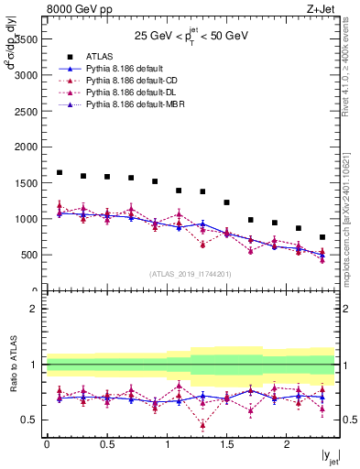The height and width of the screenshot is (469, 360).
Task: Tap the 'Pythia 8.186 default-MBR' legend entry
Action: pos(132,105)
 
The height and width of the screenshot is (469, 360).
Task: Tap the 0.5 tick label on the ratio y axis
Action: pos(29,420)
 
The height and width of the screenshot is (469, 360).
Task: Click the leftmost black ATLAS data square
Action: pos(60,172)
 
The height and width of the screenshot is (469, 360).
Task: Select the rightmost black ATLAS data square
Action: pos(322,237)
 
